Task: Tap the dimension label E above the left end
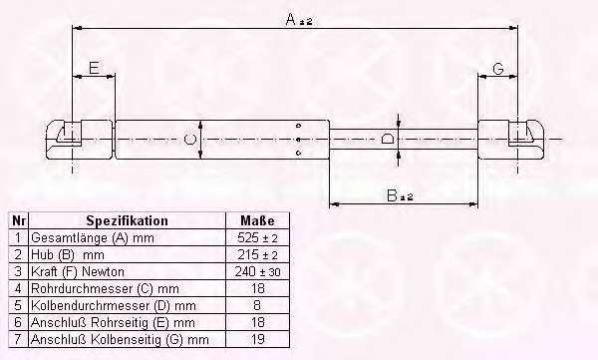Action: click(x=94, y=68)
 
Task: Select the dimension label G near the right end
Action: click(x=498, y=69)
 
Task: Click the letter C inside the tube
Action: click(x=189, y=139)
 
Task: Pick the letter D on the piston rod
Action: click(x=388, y=139)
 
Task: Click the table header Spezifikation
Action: click(x=127, y=220)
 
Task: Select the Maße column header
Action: click(x=257, y=220)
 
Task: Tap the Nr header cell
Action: click(x=19, y=220)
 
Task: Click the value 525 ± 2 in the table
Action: click(x=257, y=238)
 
